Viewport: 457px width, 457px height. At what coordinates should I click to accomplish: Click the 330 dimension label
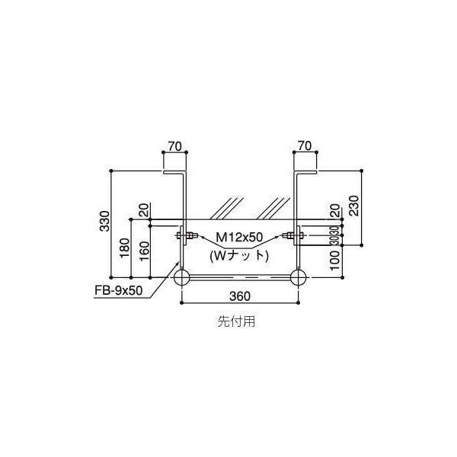pos(104,221)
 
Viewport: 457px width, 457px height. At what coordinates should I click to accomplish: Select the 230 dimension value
pos(354,206)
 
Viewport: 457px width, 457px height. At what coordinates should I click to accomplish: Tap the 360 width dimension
pos(240,296)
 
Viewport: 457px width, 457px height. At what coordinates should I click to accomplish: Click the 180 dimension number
pos(124,248)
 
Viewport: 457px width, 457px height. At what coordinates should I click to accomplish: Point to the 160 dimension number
pos(144,251)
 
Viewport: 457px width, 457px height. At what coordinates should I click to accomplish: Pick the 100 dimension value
pos(335,260)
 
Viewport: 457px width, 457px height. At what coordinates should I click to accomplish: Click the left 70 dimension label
pos(175,146)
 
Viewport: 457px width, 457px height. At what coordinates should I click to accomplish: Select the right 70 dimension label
pos(305,145)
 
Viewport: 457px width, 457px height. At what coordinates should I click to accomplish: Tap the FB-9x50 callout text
pos(118,290)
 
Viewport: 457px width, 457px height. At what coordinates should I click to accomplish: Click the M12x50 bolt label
pos(239,237)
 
